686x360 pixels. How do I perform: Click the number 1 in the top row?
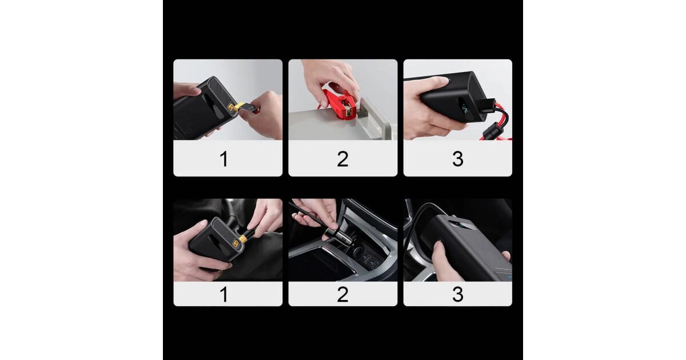(224, 159)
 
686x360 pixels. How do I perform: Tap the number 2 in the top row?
(342, 159)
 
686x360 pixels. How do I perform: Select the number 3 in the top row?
(458, 159)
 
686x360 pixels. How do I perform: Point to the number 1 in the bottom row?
(224, 294)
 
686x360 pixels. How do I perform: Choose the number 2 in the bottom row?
(342, 294)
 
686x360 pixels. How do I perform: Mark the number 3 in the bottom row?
(458, 294)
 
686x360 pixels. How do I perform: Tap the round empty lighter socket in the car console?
(358, 252)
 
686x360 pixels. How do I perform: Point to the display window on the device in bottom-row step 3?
(458, 226)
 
